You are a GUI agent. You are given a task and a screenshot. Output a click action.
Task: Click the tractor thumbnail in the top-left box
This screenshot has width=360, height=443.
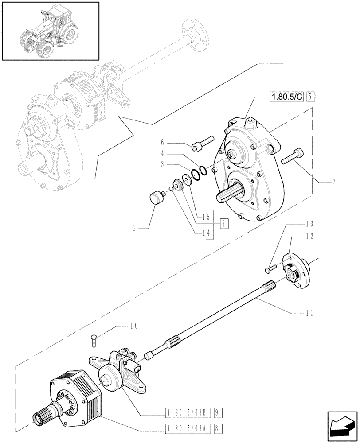point(50,31)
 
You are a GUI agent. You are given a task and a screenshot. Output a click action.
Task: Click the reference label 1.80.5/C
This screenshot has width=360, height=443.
point(286,96)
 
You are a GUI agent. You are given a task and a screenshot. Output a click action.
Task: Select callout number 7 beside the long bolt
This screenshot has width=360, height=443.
point(333,182)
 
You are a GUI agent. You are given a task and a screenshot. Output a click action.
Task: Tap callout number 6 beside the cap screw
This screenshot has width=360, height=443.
point(162,143)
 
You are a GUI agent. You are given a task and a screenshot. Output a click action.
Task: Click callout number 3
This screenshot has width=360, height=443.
point(162,164)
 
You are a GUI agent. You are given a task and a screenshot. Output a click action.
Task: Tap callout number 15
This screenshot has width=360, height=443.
point(205,218)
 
